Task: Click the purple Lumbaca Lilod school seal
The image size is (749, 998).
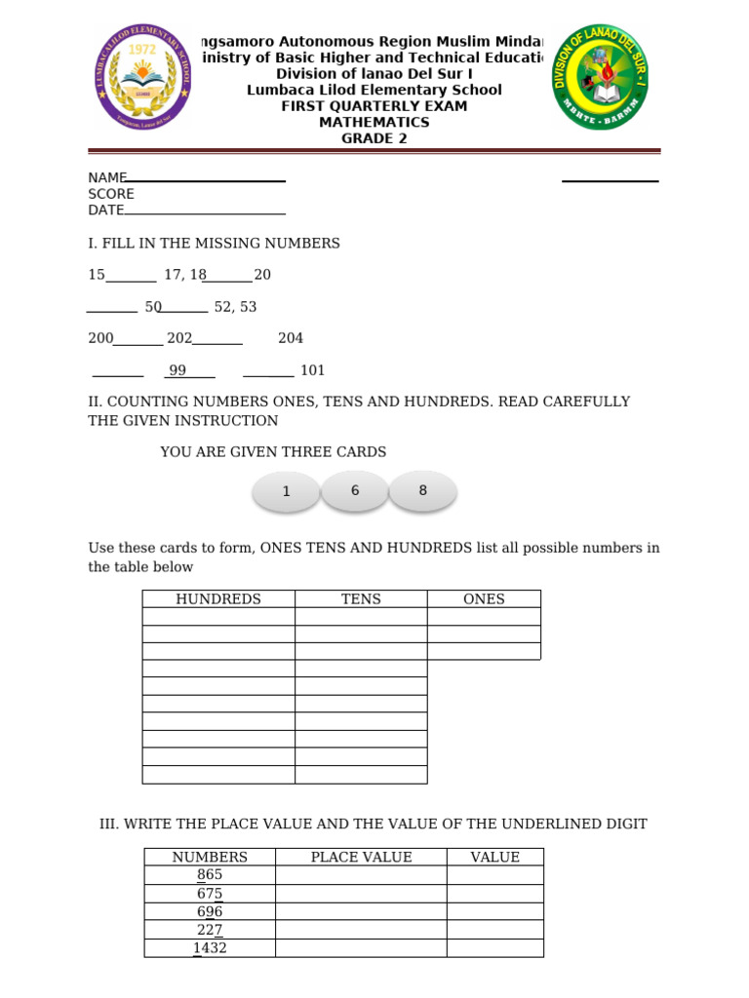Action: click(142, 76)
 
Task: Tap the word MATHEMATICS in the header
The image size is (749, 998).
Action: click(374, 122)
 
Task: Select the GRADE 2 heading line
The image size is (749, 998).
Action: click(374, 138)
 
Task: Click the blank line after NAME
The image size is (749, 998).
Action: click(206, 179)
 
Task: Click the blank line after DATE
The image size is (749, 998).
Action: click(205, 211)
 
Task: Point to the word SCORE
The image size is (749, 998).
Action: click(111, 194)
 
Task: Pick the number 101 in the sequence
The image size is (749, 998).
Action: click(312, 370)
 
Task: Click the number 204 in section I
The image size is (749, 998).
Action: click(291, 338)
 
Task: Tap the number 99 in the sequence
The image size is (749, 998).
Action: click(177, 370)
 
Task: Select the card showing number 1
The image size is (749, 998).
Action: click(286, 491)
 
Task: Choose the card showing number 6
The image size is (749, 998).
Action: click(355, 490)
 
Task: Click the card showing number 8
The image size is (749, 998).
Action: click(422, 490)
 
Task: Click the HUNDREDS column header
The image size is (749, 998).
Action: click(218, 599)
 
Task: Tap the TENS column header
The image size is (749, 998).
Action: click(361, 599)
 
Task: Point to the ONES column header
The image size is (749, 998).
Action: click(484, 599)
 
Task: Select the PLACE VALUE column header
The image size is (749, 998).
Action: click(361, 857)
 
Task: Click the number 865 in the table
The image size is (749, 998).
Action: click(210, 875)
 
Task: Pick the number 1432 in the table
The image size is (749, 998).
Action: click(210, 947)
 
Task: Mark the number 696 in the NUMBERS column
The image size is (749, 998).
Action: click(210, 911)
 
